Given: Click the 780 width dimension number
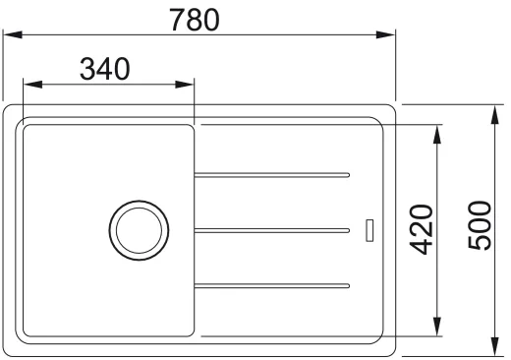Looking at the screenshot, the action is click(195, 20).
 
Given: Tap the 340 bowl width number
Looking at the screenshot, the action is click(105, 69).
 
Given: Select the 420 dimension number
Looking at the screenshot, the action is click(422, 229).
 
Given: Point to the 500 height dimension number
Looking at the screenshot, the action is click(480, 225).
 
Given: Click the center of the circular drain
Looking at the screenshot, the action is click(139, 230).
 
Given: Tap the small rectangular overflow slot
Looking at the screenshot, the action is click(369, 230).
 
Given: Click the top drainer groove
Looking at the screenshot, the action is click(272, 175).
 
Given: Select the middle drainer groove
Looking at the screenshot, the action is click(272, 230).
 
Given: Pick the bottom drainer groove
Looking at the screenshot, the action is click(272, 286).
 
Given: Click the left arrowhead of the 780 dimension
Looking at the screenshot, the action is click(13, 34).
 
